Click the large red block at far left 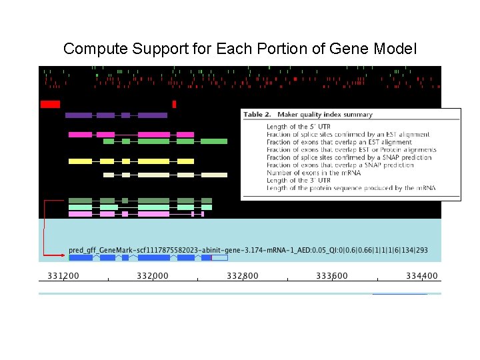(x=50, y=104)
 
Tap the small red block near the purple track (x=174, y=104)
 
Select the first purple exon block (x=79, y=115)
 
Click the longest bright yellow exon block (x=153, y=161)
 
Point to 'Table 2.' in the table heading (x=257, y=115)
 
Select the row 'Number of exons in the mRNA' (x=313, y=173)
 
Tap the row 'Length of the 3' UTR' (x=298, y=180)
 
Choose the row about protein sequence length (x=351, y=188)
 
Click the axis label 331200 (x=63, y=276)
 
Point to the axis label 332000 (x=153, y=276)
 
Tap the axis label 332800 (x=242, y=276)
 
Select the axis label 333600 (x=331, y=276)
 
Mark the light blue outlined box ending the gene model (x=219, y=257)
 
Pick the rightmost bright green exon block (x=214, y=141)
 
